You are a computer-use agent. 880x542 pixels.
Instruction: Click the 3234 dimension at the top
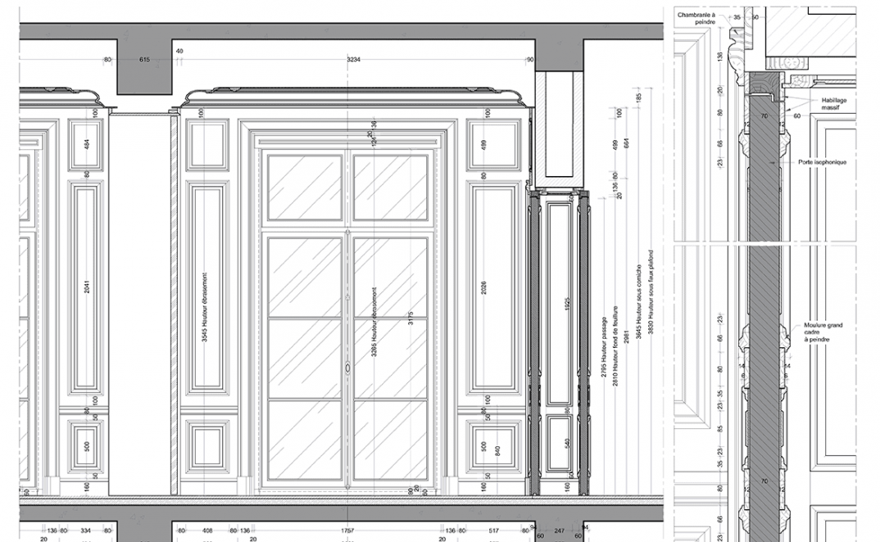[x=353, y=60]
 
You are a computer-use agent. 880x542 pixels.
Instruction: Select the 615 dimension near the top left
[x=144, y=60]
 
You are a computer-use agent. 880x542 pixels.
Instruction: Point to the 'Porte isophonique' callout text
[x=822, y=162]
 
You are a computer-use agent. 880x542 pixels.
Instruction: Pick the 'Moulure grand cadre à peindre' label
[x=823, y=332]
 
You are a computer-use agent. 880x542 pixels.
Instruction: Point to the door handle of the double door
[x=347, y=369]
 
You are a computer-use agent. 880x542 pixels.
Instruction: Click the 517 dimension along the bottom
[x=493, y=531]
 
